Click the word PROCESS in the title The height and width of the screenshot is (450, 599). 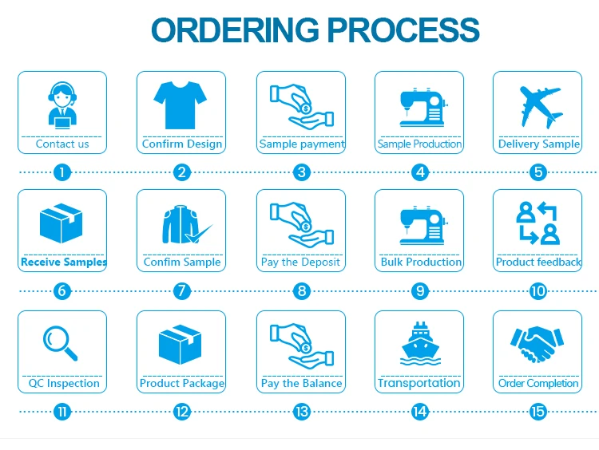pyautogui.click(x=403, y=30)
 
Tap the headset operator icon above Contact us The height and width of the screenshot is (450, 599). pyautogui.click(x=62, y=105)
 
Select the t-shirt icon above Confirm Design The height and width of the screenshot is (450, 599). pyautogui.click(x=181, y=105)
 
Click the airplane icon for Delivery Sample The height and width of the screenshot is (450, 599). pyautogui.click(x=538, y=105)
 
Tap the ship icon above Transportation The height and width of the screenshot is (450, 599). pyautogui.click(x=419, y=344)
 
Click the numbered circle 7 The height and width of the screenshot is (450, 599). pyautogui.click(x=182, y=291)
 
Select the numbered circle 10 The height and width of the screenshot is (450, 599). pyautogui.click(x=538, y=291)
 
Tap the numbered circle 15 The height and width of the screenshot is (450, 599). pyautogui.click(x=538, y=412)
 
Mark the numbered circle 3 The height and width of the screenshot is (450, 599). pyautogui.click(x=301, y=172)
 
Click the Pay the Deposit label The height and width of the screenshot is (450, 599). pyautogui.click(x=301, y=262)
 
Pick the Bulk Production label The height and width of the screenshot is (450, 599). pyautogui.click(x=420, y=262)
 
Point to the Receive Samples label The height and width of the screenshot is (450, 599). pyautogui.click(x=63, y=262)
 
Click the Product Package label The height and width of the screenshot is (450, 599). pyautogui.click(x=182, y=383)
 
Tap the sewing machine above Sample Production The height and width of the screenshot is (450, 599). pyautogui.click(x=420, y=107)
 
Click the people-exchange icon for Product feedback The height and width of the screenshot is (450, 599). pyautogui.click(x=538, y=223)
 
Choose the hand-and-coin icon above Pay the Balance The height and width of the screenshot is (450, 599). pyautogui.click(x=301, y=344)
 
